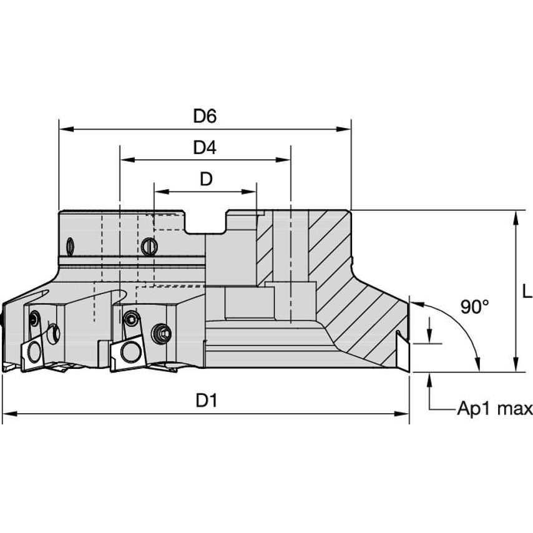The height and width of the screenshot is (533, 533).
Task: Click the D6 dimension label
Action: [x=204, y=116]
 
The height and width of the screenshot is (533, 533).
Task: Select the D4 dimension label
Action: [x=204, y=148]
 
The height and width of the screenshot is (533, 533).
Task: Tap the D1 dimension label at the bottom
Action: [x=205, y=401]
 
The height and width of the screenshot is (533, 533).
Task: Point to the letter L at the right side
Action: [x=526, y=290]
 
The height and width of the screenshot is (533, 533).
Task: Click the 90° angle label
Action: [x=474, y=306]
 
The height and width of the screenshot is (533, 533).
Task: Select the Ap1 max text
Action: [x=494, y=409]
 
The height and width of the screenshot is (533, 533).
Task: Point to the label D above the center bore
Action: [x=205, y=180]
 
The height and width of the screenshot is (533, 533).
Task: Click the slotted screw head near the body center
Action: [x=149, y=247]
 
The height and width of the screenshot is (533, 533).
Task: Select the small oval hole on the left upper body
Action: [x=70, y=246]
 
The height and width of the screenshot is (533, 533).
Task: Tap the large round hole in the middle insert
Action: [x=130, y=350]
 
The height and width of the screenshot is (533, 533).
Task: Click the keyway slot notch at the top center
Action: [x=205, y=223]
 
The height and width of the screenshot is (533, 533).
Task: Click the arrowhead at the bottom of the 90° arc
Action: [x=479, y=366]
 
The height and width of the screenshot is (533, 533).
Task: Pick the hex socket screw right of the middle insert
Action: [x=164, y=334]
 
